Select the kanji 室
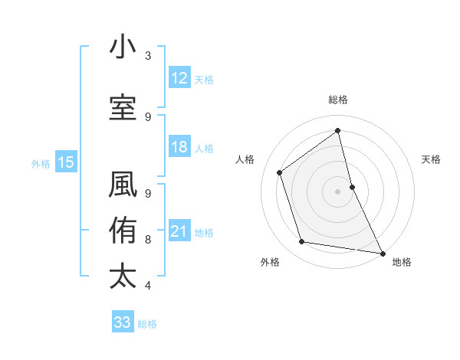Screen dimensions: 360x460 click(x=123, y=107)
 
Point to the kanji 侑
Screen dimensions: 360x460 click(x=123, y=231)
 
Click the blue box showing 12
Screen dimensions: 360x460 click(x=179, y=78)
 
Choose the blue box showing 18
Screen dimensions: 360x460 click(x=179, y=148)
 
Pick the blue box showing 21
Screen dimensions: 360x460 click(x=179, y=231)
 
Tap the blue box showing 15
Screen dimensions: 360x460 click(x=65, y=162)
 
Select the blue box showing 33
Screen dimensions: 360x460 click(x=122, y=322)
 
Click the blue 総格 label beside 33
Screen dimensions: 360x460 click(x=147, y=324)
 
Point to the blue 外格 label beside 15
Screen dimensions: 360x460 click(x=41, y=163)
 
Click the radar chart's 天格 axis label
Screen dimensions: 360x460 click(x=432, y=159)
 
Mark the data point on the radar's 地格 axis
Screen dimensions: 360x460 click(x=382, y=253)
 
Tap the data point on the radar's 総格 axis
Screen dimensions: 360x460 click(x=338, y=130)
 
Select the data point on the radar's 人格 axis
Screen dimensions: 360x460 click(x=280, y=172)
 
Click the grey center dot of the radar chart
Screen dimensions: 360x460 click(x=338, y=191)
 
